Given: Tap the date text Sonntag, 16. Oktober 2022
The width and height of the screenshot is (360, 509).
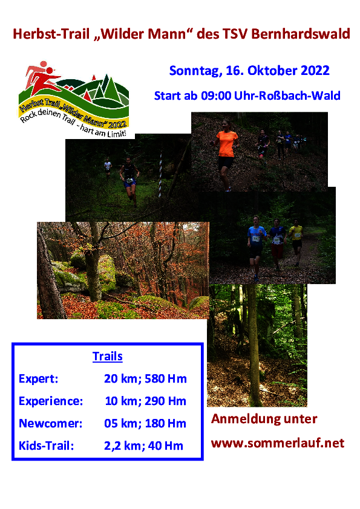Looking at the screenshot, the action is [x=249, y=71].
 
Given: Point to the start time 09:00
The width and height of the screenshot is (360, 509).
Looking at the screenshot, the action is [x=216, y=96].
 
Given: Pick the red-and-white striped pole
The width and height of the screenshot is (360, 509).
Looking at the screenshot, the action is [x=160, y=174].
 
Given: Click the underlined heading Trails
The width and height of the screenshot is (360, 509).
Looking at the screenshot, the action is [x=108, y=357].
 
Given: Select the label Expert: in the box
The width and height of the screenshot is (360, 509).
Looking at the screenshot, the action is [x=38, y=379].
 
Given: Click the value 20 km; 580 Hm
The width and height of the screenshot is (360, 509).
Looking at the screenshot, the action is [x=145, y=379].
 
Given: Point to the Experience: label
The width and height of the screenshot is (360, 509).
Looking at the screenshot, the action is [x=51, y=401].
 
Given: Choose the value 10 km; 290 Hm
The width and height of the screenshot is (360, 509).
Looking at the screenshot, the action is [x=145, y=401].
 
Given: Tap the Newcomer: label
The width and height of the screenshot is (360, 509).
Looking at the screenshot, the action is [x=50, y=424].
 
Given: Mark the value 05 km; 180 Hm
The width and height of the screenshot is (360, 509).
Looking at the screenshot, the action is [x=145, y=424].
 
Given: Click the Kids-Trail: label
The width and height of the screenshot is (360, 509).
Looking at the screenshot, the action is [x=46, y=446].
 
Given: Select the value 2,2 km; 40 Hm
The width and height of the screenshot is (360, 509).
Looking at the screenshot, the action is [x=143, y=446].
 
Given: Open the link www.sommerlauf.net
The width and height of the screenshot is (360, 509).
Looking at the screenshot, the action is [x=278, y=443].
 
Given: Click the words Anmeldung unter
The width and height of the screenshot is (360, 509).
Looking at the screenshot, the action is [x=264, y=419].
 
